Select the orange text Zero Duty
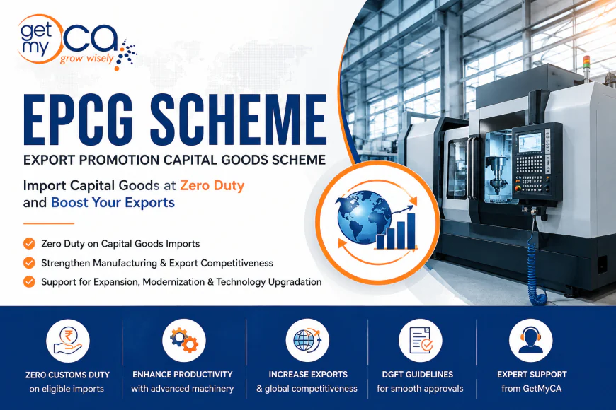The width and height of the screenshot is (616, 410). pyautogui.click(x=212, y=184)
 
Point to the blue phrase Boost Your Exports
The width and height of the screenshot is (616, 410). pyautogui.click(x=113, y=202)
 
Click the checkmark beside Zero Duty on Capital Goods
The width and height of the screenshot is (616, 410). pyautogui.click(x=29, y=244)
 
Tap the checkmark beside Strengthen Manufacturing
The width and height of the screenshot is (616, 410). pyautogui.click(x=29, y=263)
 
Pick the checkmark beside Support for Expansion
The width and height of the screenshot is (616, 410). pyautogui.click(x=29, y=282)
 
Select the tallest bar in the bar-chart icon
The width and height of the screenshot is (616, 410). pyautogui.click(x=411, y=231)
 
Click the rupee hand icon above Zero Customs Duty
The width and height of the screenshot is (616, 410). pyautogui.click(x=68, y=341)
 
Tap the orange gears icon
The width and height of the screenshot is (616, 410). pyautogui.click(x=184, y=340)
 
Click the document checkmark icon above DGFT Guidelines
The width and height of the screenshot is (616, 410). pyautogui.click(x=421, y=341)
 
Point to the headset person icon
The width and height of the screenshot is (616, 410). pyautogui.click(x=531, y=341)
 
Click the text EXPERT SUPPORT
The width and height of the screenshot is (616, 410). pyautogui.click(x=532, y=374)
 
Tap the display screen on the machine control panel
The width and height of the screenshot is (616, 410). pyautogui.click(x=529, y=142)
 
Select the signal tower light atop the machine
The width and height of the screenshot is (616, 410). pyautogui.click(x=586, y=66)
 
